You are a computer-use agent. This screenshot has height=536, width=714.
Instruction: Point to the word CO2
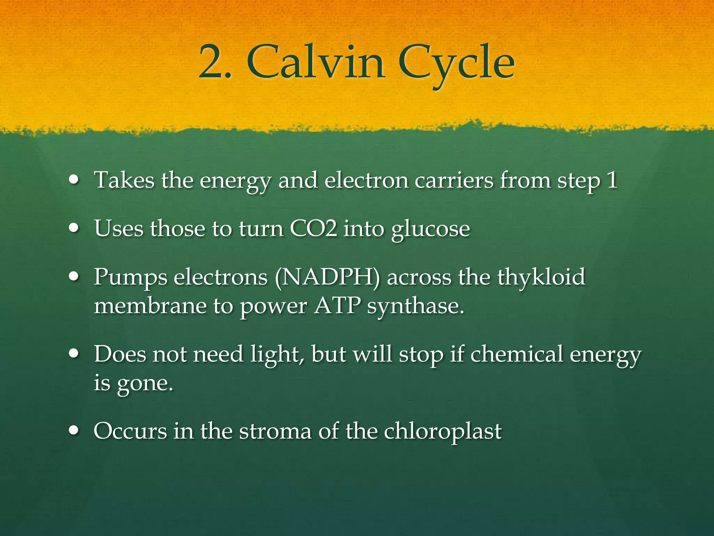313,229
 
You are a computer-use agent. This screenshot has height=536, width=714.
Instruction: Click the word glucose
431,230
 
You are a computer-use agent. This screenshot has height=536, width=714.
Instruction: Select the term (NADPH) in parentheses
327,277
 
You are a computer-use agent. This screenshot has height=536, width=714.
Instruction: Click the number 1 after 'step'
612,181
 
